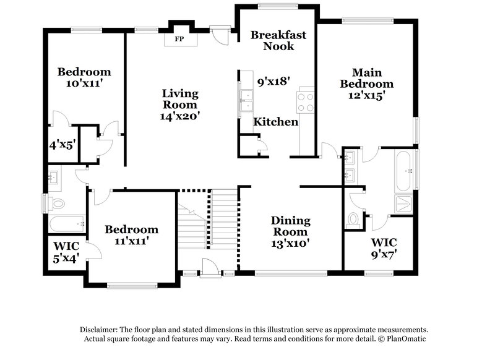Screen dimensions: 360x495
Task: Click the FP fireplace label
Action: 180,40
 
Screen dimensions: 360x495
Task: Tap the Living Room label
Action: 180,99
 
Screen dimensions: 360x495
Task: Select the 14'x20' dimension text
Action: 180,115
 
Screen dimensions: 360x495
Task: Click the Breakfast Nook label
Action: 278,40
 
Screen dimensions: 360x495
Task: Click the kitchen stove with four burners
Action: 306,101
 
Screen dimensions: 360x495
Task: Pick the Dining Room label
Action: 291,226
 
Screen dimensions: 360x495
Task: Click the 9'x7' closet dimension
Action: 384,253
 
